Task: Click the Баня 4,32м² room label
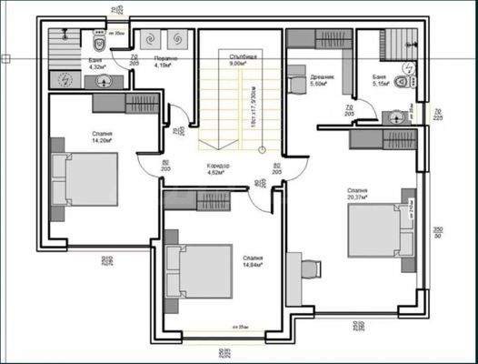[95, 64]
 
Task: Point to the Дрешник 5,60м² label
[323, 79]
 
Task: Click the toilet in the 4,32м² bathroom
[97, 40]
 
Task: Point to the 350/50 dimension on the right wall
[436, 232]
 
